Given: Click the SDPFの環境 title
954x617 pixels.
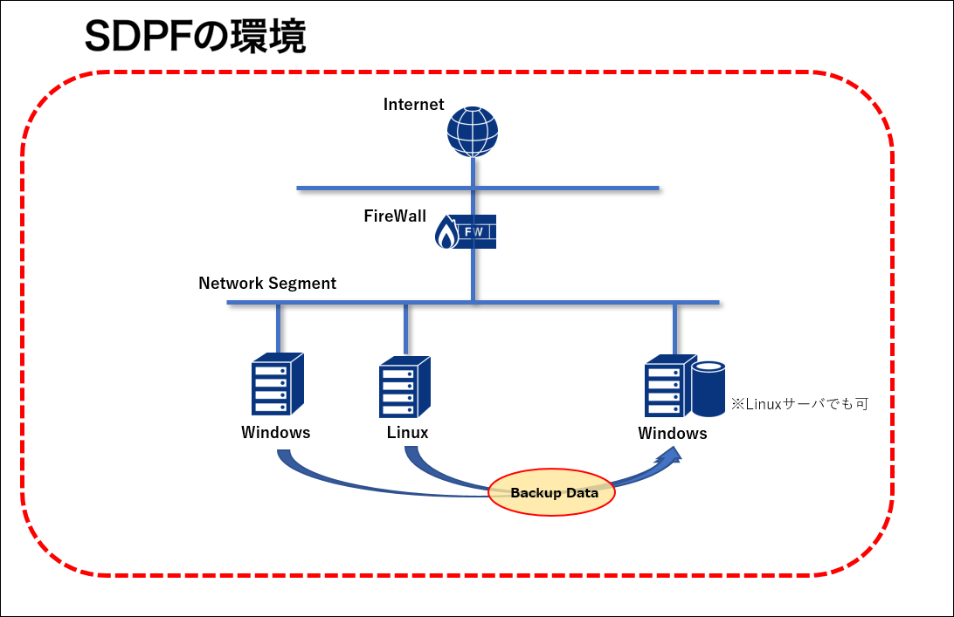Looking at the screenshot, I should click(x=195, y=37).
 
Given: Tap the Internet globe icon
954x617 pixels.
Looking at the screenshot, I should click(x=473, y=132).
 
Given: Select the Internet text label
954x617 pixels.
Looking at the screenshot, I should click(x=414, y=105).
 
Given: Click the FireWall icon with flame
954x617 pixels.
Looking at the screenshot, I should click(x=466, y=232).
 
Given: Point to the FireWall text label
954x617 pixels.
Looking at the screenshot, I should click(x=396, y=216).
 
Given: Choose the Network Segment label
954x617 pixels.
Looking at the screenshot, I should click(x=267, y=284).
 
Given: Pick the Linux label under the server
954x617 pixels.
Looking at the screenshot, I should click(x=408, y=432).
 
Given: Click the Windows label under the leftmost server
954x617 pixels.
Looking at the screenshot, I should click(x=276, y=432).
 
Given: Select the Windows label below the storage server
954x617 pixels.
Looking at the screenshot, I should click(x=673, y=434).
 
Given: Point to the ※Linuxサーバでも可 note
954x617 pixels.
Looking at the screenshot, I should click(x=799, y=405).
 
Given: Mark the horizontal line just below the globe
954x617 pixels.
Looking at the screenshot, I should click(x=477, y=188).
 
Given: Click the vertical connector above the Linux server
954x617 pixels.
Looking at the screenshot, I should click(x=406, y=329).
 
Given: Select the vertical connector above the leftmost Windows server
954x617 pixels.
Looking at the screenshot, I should click(x=278, y=329).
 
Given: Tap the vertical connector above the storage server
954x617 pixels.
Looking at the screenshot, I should click(x=674, y=329).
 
